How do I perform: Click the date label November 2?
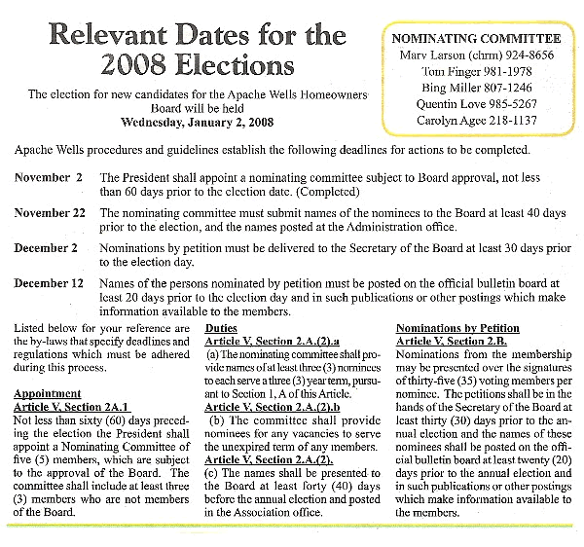(x=49, y=178)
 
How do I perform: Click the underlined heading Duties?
(x=221, y=328)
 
